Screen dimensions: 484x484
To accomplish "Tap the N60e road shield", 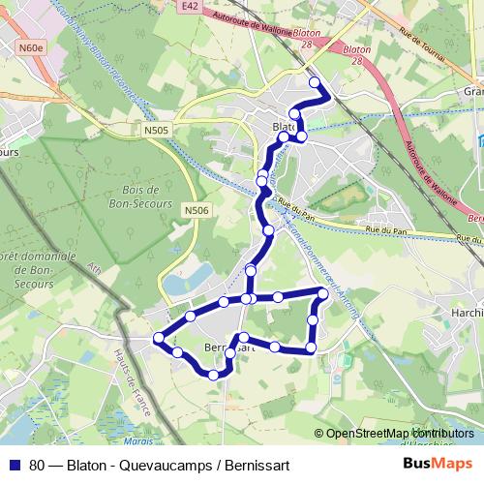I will coord(31,45).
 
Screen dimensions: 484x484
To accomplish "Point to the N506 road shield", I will coord(197,210).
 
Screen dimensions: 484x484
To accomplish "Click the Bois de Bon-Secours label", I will coord(148,197).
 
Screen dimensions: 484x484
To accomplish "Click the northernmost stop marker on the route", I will coord(314,82).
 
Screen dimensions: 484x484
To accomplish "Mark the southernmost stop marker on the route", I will coord(213,375).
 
